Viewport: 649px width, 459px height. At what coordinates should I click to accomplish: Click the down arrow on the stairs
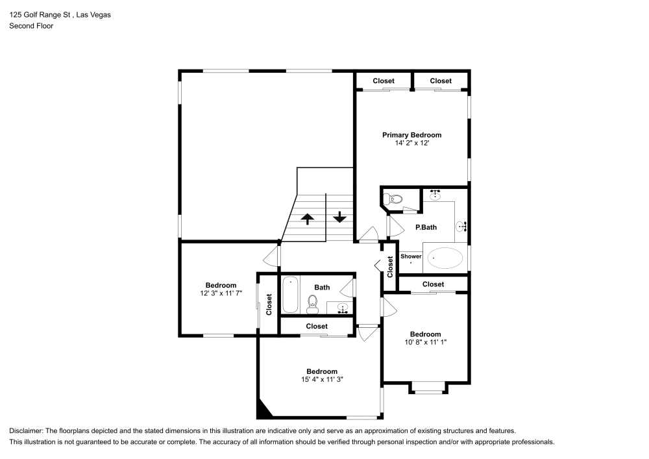339,217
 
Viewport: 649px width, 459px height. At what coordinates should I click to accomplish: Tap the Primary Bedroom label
411,135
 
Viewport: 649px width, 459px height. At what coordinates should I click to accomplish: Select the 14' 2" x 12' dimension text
411,143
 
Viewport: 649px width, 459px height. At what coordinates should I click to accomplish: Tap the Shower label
411,256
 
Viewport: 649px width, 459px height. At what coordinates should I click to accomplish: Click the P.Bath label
426,227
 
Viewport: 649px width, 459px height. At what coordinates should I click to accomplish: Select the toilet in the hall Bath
313,302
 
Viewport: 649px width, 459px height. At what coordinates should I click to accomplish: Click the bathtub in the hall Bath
290,295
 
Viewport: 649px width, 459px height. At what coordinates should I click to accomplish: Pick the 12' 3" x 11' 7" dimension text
221,293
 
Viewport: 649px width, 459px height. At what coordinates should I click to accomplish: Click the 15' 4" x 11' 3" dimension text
321,380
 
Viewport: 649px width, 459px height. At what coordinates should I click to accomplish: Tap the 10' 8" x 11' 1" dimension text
425,343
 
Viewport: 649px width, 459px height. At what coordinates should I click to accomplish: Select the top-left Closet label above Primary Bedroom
384,81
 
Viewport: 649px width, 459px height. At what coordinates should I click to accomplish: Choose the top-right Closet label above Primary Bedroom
441,81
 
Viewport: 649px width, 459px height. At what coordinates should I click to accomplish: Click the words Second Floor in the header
31,26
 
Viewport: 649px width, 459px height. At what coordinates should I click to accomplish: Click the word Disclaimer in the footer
25,430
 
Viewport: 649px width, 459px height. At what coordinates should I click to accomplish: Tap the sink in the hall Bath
343,307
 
